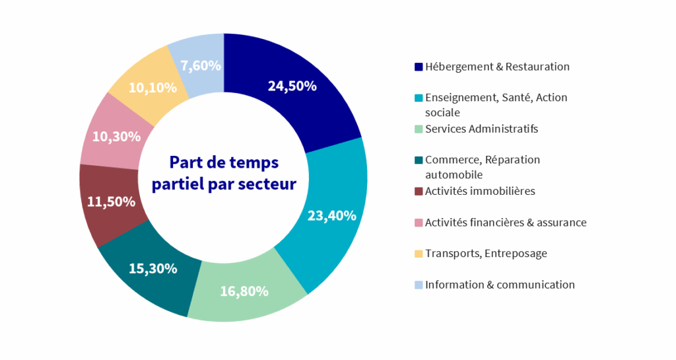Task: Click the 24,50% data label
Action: (292, 86)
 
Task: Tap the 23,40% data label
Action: (332, 215)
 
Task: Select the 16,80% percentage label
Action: (244, 291)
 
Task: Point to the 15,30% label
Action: (152, 268)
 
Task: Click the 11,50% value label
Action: (111, 201)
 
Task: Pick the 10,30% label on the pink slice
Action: (116, 137)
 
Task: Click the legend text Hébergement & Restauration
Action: (497, 67)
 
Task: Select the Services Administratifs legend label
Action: (481, 129)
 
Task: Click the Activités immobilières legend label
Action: (480, 191)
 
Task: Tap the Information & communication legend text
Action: (500, 285)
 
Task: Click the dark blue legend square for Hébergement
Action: (418, 67)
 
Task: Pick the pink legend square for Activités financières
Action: (418, 223)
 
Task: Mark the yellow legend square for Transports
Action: (418, 254)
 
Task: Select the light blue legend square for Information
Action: (418, 285)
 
